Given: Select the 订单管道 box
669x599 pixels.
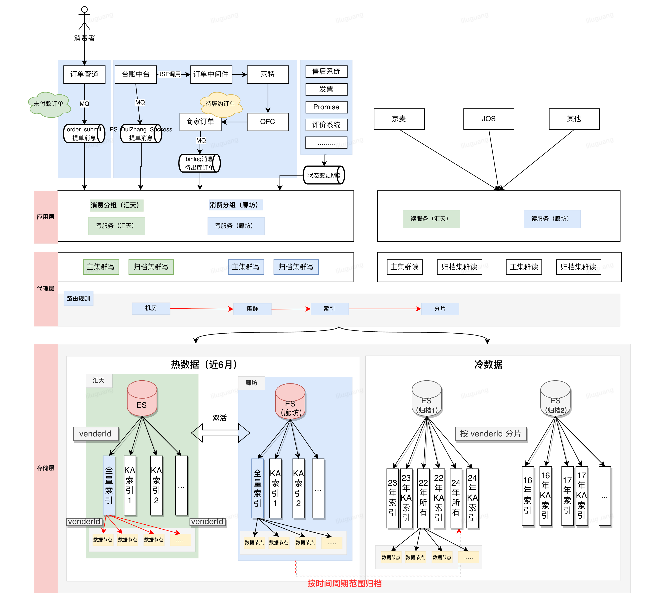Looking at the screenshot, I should click(84, 74).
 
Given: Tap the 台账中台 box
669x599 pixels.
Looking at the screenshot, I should click(136, 74).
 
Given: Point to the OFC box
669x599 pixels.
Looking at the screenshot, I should click(268, 122).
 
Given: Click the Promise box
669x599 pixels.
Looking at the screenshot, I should click(326, 107).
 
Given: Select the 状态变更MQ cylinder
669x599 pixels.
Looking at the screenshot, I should click(324, 175).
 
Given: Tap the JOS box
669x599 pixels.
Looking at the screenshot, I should click(489, 119).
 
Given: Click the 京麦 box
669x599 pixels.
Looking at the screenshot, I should click(399, 119).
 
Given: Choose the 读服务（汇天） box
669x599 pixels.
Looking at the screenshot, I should click(431, 219).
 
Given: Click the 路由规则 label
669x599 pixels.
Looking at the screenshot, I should click(78, 299).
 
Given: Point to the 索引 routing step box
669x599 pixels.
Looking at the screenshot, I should click(329, 309).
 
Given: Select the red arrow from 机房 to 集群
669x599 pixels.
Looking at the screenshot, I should click(201, 309).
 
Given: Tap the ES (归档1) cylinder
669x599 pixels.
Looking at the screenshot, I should click(427, 398).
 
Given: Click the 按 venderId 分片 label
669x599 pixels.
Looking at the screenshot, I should click(491, 434).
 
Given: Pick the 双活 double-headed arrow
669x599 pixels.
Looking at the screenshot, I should click(220, 433).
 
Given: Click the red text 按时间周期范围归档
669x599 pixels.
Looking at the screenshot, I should click(344, 584).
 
